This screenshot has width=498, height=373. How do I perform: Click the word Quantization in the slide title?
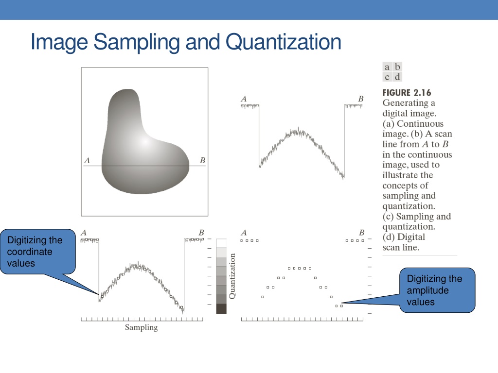pyautogui.click(x=284, y=42)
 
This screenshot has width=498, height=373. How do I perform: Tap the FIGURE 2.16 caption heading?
pyautogui.click(x=407, y=93)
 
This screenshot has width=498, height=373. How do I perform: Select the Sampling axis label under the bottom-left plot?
pyautogui.click(x=142, y=327)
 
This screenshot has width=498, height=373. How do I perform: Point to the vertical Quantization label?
pyautogui.click(x=232, y=276)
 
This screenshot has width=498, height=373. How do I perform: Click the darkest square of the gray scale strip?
pyautogui.click(x=221, y=309)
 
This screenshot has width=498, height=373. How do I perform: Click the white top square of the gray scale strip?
pyautogui.click(x=221, y=243)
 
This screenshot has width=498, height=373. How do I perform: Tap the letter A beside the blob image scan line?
pyautogui.click(x=87, y=160)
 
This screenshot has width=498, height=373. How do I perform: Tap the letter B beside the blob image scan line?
pyautogui.click(x=202, y=160)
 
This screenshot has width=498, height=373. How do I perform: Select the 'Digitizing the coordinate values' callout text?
pyautogui.click(x=35, y=252)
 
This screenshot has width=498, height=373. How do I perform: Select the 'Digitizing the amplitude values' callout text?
pyautogui.click(x=434, y=290)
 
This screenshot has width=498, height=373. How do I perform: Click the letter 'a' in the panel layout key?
pyautogui.click(x=387, y=67)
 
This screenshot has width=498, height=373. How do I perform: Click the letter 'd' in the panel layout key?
pyautogui.click(x=397, y=77)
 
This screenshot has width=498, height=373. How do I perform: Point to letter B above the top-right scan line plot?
pyautogui.click(x=361, y=99)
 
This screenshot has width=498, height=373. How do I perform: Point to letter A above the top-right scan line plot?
pyautogui.click(x=244, y=99)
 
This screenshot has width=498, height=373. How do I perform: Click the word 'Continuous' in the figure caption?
pyautogui.click(x=420, y=124)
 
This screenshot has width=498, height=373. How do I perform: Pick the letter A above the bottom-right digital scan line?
pyautogui.click(x=244, y=233)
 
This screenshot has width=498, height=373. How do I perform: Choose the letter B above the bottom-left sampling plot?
pyautogui.click(x=201, y=233)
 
